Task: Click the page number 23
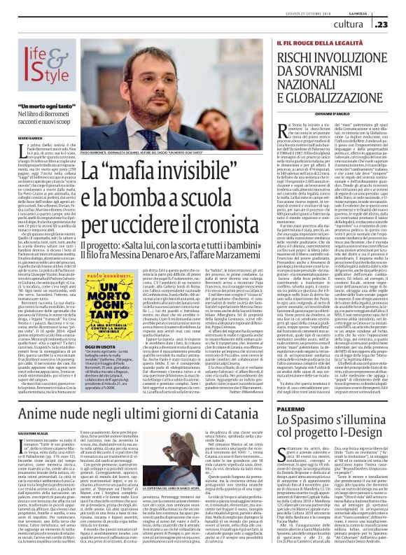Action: click(x=394, y=24)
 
